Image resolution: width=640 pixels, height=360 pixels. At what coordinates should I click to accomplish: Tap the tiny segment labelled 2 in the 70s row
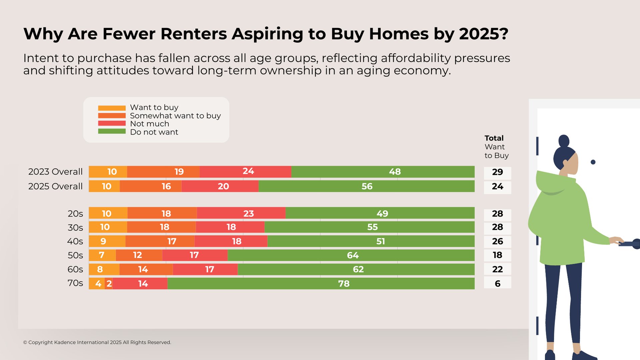pyautogui.click(x=109, y=284)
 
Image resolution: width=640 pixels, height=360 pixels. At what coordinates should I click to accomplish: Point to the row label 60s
pyautogui.click(x=75, y=269)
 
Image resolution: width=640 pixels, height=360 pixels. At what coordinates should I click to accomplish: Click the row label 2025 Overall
pyautogui.click(x=55, y=186)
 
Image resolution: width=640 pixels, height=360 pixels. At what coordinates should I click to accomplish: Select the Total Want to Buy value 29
pyautogui.click(x=497, y=172)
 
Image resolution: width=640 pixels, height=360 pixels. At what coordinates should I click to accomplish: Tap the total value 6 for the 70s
pyautogui.click(x=497, y=284)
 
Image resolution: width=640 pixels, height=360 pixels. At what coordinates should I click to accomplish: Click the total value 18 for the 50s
pyautogui.click(x=497, y=255)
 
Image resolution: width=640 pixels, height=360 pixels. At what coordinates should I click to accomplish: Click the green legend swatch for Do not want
pyautogui.click(x=112, y=131)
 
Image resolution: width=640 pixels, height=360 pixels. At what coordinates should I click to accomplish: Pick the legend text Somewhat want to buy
pyautogui.click(x=175, y=116)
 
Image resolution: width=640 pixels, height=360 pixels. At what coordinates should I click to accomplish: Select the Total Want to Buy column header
pyautogui.click(x=496, y=147)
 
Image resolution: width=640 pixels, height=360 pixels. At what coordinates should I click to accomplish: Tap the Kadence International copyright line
pyautogui.click(x=97, y=342)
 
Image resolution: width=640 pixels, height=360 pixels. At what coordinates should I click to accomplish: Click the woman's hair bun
pyautogui.click(x=564, y=140)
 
